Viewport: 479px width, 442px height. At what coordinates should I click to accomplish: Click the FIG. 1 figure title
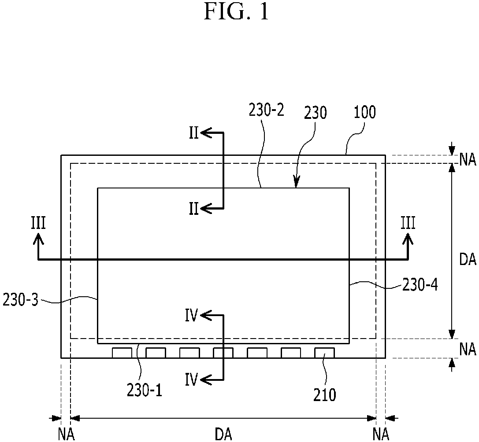click(237, 11)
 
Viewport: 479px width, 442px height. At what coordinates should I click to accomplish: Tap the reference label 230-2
click(267, 110)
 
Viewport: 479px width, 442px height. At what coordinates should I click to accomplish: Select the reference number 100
click(364, 112)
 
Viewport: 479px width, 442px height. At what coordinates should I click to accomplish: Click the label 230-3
click(21, 300)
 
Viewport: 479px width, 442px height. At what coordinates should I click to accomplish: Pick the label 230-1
click(144, 390)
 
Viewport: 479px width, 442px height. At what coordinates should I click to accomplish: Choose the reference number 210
click(324, 395)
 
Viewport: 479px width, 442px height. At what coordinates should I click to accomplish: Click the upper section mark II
click(194, 134)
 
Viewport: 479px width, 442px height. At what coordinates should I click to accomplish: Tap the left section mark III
click(38, 223)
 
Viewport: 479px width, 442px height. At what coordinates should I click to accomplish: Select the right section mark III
click(408, 223)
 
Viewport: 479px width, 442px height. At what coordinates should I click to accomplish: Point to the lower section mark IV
click(192, 380)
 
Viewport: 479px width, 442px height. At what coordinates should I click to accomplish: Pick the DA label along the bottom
click(223, 434)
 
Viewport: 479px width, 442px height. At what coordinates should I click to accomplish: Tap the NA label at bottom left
click(66, 434)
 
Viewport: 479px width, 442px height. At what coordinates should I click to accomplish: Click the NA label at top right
click(468, 160)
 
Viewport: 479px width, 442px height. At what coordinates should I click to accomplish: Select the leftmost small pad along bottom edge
click(122, 353)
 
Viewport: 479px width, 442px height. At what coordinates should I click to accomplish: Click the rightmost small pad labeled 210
click(324, 353)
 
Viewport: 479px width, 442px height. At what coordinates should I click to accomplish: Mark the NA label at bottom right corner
click(381, 434)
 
